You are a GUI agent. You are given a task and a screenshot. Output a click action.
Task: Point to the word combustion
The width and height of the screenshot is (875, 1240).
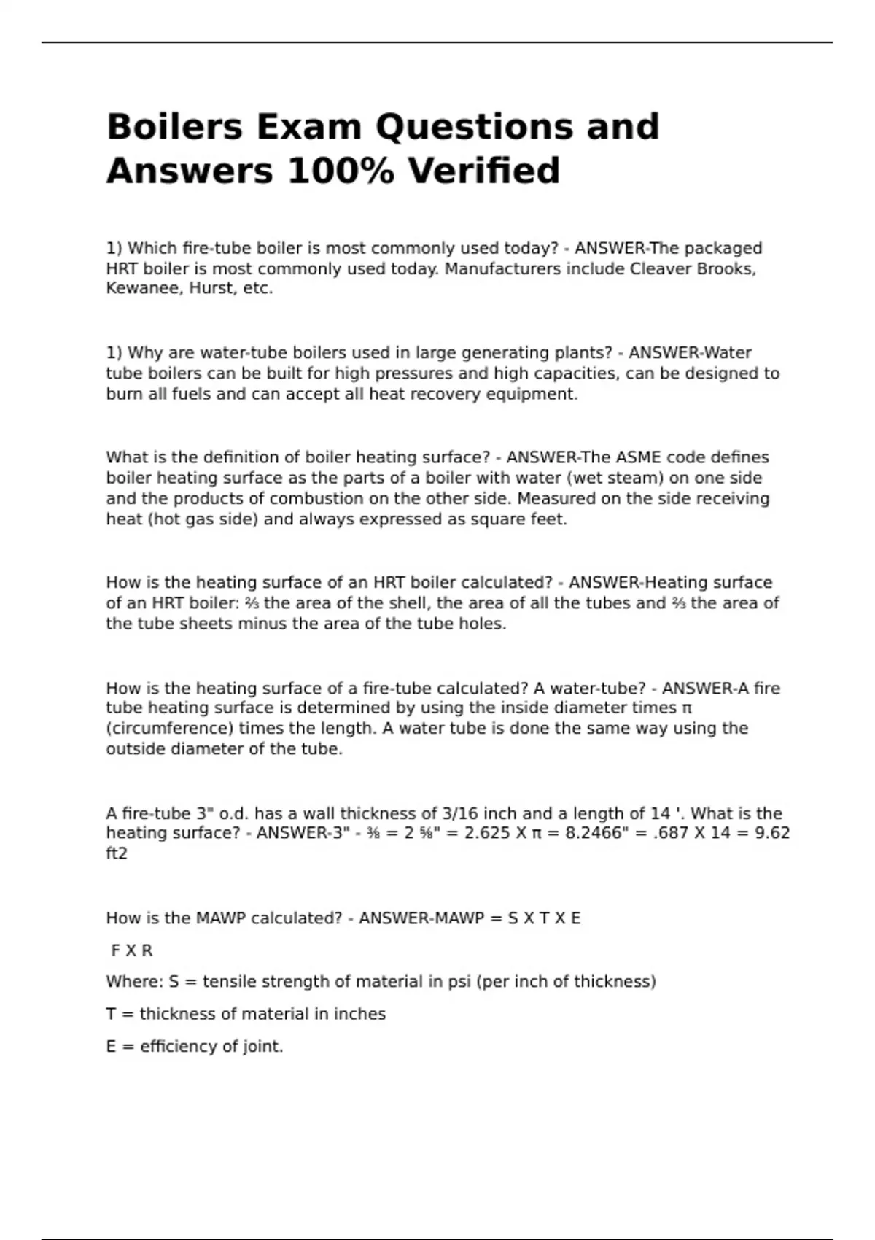313,499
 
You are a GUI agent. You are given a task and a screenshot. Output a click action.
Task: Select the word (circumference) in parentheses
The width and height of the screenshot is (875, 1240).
170,729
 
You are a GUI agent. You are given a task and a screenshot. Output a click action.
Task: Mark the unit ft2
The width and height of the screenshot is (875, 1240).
117,853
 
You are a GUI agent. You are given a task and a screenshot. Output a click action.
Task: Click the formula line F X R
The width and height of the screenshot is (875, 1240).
131,950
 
